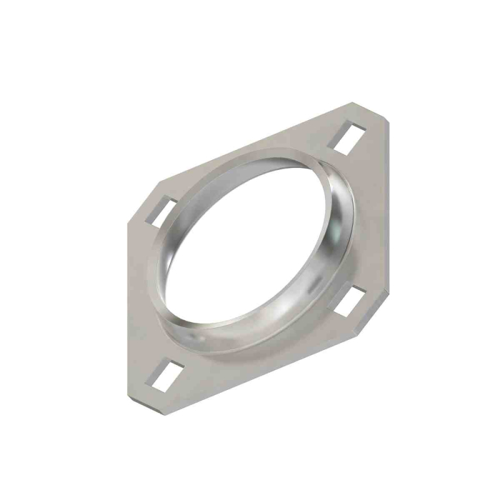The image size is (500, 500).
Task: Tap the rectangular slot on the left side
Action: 162,212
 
